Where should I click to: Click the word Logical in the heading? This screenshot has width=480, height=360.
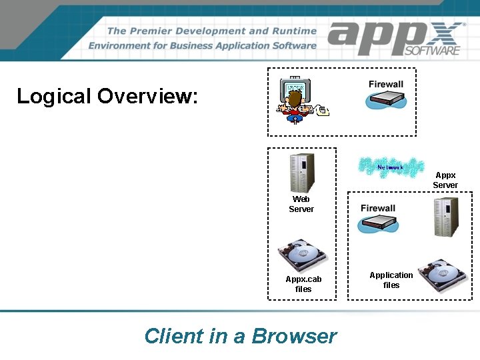click(x=53, y=96)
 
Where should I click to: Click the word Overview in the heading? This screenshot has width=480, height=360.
click(x=147, y=96)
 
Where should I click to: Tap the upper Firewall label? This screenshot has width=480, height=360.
click(x=386, y=84)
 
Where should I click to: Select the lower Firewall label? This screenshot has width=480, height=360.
click(x=378, y=208)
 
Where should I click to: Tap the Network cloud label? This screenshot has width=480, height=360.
click(x=390, y=167)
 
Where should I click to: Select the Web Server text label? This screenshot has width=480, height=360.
click(x=301, y=204)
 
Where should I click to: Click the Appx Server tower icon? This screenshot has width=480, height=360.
click(x=445, y=216)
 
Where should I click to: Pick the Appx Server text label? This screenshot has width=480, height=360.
click(x=445, y=180)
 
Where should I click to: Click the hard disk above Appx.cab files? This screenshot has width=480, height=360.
click(x=303, y=255)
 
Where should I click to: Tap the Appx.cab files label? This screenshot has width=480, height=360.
click(x=303, y=284)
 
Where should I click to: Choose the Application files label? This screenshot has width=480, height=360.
click(x=391, y=280)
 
